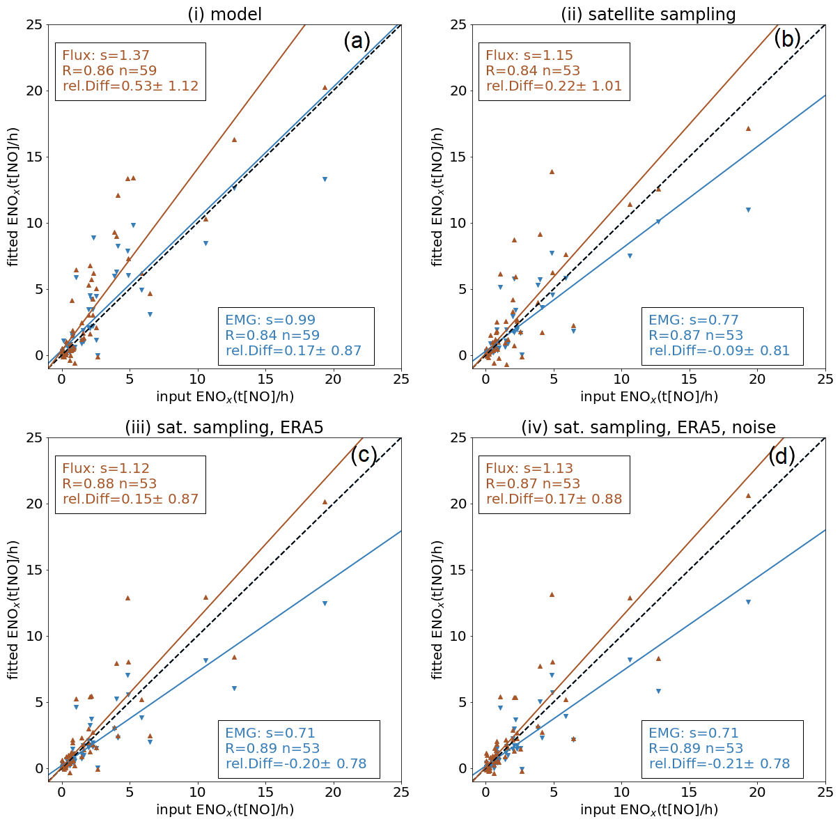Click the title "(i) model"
224,14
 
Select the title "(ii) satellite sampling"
648,14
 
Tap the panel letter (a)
357,42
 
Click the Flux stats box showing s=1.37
130,71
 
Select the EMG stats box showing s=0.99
296,336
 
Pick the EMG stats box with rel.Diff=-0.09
722,336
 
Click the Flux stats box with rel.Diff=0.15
130,484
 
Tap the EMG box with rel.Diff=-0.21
722,749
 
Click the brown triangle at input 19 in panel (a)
325,88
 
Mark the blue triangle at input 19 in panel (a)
325,179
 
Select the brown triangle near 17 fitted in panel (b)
748,128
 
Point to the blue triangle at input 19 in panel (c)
325,603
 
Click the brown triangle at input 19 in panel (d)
748,496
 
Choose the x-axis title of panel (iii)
224,809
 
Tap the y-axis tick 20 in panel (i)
35,91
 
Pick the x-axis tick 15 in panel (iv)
689,791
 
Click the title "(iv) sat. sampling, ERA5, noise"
648,427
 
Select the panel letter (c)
364,456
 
